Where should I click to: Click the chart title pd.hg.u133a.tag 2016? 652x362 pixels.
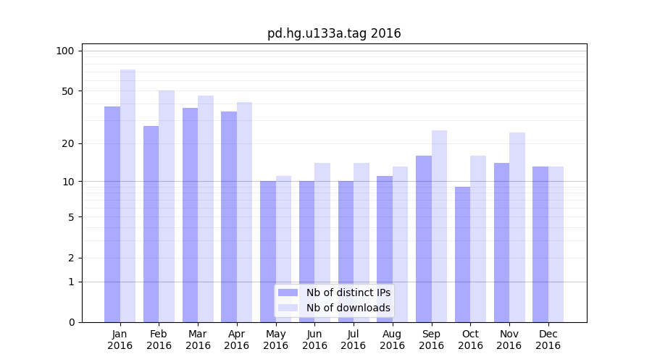(334, 33)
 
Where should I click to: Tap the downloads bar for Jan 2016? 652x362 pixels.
(128, 195)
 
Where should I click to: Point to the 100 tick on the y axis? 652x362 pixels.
(65, 51)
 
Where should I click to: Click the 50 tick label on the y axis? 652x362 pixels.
(68, 91)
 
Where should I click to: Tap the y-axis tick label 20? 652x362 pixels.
(68, 143)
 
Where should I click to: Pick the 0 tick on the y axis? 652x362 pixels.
(71, 322)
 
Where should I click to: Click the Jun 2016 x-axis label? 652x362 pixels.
(314, 340)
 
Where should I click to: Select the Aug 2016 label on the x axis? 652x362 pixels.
(392, 340)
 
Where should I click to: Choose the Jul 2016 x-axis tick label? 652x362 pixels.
(354, 340)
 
